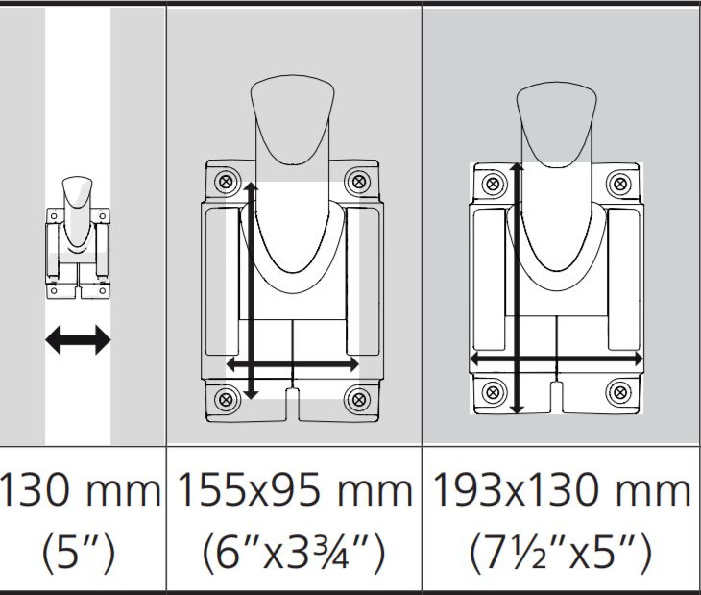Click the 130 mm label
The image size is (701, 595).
point(81,491)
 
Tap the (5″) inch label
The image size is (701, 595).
point(78,553)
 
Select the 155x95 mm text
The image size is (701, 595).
point(295,491)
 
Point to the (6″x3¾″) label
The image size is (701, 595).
point(294,553)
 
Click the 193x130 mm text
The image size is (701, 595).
point(562,491)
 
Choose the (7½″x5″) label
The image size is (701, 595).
point(561,553)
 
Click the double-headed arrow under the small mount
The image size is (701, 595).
point(78,340)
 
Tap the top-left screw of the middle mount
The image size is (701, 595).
point(227,182)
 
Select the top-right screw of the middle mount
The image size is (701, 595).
point(358,182)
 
